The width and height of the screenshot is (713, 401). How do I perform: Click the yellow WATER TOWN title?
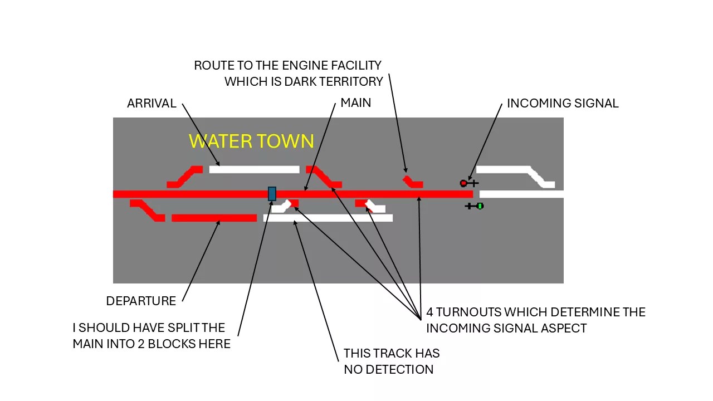tap(251, 141)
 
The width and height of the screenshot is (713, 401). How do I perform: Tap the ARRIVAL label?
tap(152, 104)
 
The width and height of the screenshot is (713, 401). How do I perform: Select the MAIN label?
tap(355, 103)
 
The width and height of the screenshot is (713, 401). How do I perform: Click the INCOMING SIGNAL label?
tap(563, 104)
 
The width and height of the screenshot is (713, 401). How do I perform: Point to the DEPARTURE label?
tap(141, 301)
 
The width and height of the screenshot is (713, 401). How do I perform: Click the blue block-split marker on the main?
tap(272, 194)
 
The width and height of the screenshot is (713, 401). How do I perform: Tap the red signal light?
tap(463, 183)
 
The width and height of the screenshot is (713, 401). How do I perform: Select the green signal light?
tap(480, 206)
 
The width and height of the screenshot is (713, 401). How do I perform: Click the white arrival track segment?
tap(255, 170)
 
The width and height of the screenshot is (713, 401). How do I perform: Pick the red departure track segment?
tap(214, 218)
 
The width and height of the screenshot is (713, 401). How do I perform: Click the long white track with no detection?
tap(328, 218)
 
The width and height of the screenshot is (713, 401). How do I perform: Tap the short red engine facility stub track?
tap(414, 183)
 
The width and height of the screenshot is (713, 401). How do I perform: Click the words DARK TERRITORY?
tap(334, 82)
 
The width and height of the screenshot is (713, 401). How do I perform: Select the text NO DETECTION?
tap(389, 370)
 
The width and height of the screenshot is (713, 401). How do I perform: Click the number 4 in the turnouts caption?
tap(429, 312)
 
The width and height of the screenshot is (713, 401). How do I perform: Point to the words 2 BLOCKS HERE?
tap(184, 344)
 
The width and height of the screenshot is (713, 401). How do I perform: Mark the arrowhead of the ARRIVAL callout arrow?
tap(218, 164)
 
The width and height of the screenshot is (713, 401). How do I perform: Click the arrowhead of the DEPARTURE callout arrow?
tap(219, 222)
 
